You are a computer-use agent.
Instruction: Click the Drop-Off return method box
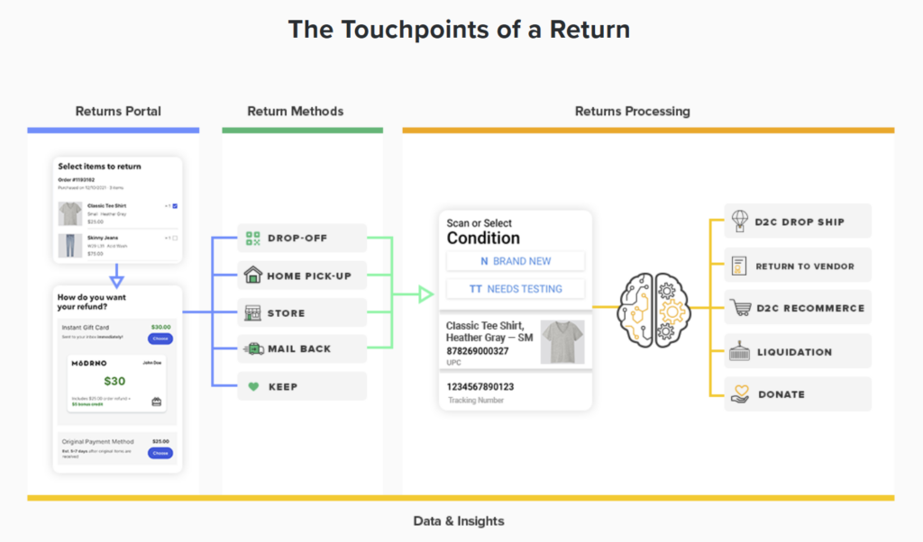tap(302, 239)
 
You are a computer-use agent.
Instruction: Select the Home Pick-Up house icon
tap(252, 276)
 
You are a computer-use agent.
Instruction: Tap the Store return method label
tap(286, 313)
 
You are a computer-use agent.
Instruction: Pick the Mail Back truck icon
tap(252, 348)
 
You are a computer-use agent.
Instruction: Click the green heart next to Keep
tap(252, 386)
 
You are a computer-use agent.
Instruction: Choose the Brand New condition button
tap(516, 261)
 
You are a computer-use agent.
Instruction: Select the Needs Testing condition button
tap(516, 289)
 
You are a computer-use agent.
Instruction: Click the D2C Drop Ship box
tap(798, 221)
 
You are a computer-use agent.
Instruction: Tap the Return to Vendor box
tap(798, 266)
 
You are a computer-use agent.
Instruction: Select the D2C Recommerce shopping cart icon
tap(741, 308)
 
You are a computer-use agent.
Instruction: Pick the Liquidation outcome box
tap(798, 352)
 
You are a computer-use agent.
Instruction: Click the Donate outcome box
tap(798, 394)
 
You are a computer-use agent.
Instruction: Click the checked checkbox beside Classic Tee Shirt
tap(175, 206)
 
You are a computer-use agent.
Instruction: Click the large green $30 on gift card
tap(114, 381)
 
